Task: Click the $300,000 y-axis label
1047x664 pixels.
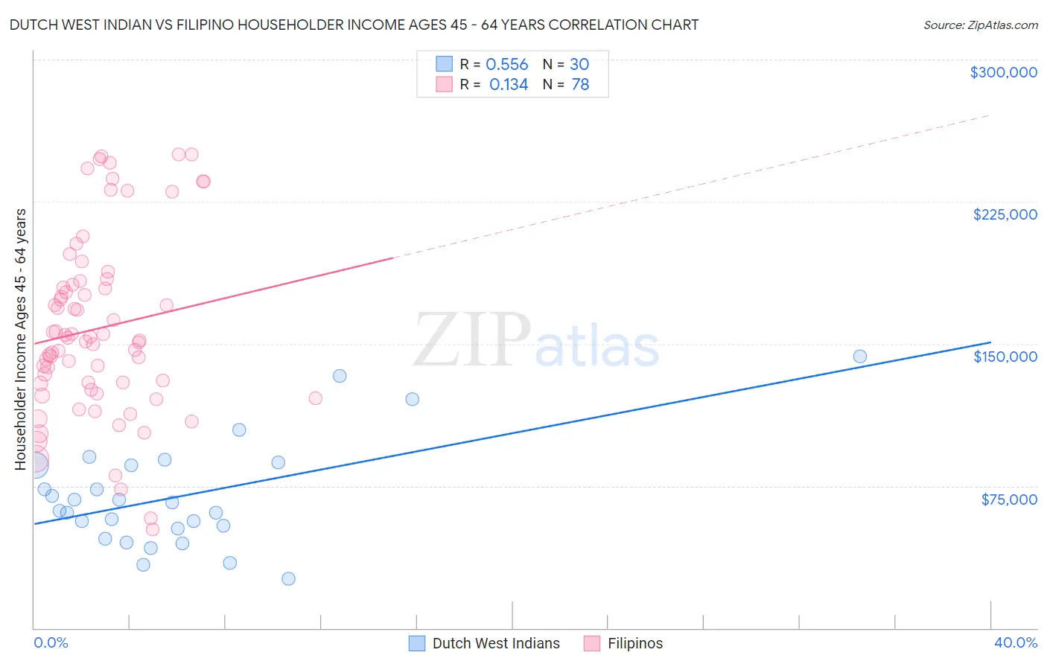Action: [1003, 72]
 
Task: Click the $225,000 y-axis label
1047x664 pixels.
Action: [1005, 214]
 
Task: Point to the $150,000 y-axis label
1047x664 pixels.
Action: [1005, 357]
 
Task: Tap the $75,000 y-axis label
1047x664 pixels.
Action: [1008, 499]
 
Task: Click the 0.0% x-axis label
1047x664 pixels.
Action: [51, 642]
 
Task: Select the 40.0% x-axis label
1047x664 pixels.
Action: [1015, 642]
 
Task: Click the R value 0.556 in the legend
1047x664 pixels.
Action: [506, 65]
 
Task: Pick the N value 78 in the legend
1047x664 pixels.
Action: [580, 85]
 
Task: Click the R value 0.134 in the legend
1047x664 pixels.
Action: [508, 85]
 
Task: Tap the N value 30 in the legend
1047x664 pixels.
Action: [579, 65]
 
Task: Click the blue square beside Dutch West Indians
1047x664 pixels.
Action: [417, 643]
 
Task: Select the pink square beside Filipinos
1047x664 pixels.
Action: [592, 643]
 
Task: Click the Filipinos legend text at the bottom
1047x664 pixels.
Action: [634, 643]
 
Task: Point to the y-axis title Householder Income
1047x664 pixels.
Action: [21, 339]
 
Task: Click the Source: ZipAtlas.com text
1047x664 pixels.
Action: [980, 25]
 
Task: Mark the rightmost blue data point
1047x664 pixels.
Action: [859, 357]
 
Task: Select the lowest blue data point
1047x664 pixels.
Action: [288, 578]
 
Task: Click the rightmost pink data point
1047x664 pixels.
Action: [315, 398]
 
